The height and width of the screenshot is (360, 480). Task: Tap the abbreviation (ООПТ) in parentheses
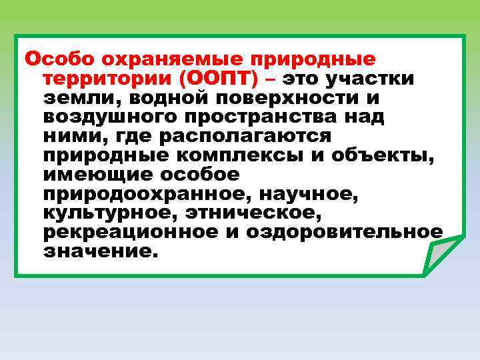tap(221, 78)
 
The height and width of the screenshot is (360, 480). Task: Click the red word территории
tap(107, 78)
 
